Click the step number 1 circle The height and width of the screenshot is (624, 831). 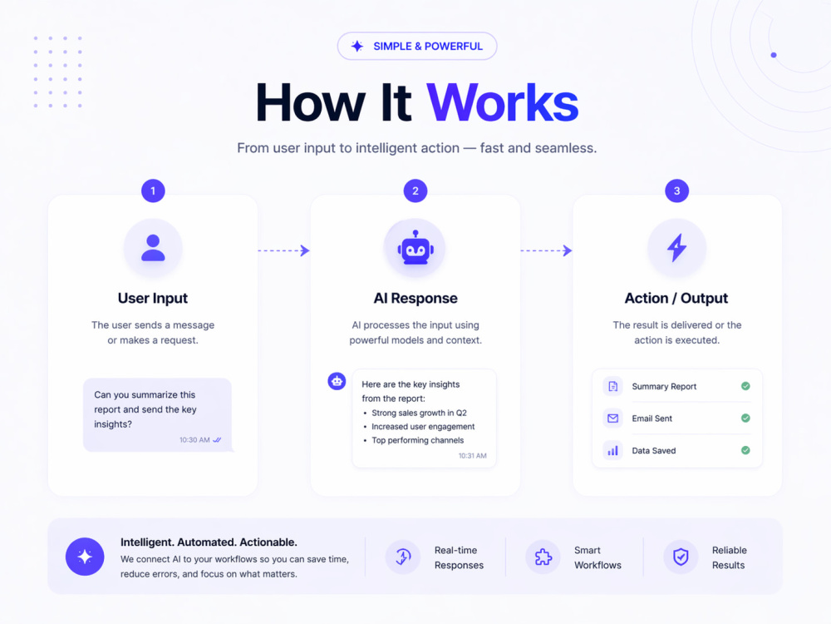tap(153, 191)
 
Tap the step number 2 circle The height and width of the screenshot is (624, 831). tap(415, 191)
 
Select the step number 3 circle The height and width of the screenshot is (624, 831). tap(676, 191)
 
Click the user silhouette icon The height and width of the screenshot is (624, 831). tap(153, 248)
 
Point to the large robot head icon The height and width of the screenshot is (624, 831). tap(415, 248)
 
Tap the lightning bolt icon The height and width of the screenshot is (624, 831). tap(676, 248)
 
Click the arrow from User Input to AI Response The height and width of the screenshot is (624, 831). tap(283, 250)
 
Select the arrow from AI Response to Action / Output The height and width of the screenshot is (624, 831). tap(547, 250)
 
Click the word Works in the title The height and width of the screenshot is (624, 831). tap(503, 102)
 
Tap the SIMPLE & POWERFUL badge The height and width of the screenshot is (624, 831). tap(417, 46)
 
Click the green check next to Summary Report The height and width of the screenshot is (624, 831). tap(745, 386)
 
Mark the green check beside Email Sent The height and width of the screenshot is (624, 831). tap(745, 418)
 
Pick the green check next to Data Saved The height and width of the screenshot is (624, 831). tap(745, 450)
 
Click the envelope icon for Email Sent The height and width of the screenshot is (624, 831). tap(612, 418)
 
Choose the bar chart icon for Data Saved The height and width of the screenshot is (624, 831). tap(612, 451)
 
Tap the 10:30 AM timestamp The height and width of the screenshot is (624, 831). tap(194, 440)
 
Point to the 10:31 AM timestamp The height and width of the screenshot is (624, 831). tap(473, 456)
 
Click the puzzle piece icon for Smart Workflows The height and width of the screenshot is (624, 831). tap(543, 557)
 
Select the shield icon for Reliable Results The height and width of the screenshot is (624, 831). tap(681, 557)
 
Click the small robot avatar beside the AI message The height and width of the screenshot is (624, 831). tap(337, 381)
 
